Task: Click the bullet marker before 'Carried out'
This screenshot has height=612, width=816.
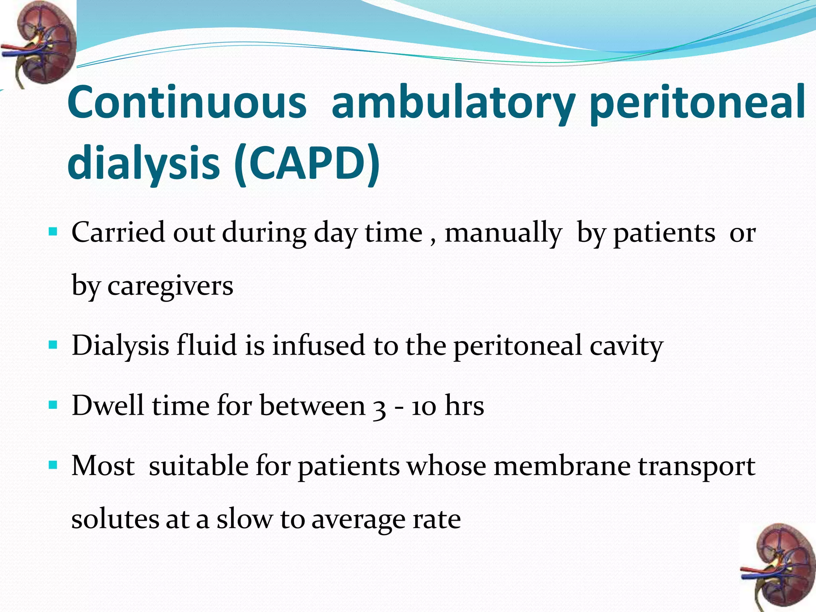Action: (x=53, y=231)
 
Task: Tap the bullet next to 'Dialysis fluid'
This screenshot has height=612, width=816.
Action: (x=53, y=344)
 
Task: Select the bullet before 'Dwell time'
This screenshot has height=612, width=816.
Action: (x=53, y=405)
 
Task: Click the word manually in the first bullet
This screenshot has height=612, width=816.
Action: (x=503, y=233)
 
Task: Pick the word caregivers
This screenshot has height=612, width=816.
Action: (x=170, y=286)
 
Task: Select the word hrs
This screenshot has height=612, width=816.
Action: (x=464, y=406)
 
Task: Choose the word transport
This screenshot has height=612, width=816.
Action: (x=697, y=467)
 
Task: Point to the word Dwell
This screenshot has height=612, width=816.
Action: (x=108, y=406)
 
